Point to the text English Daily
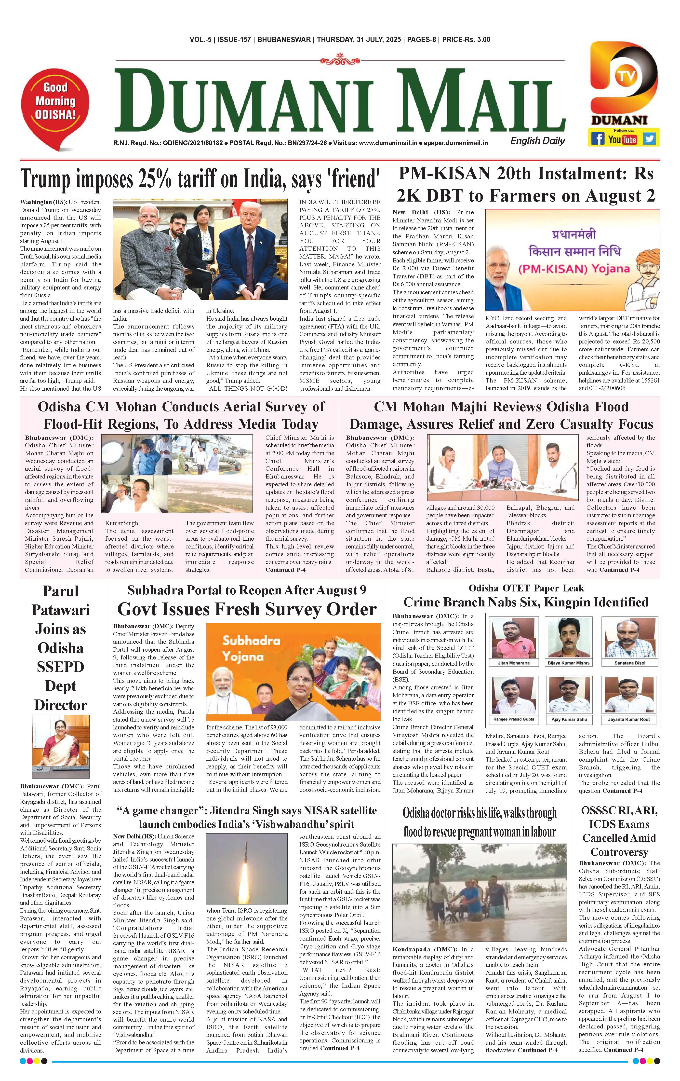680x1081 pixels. pos(537,141)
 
